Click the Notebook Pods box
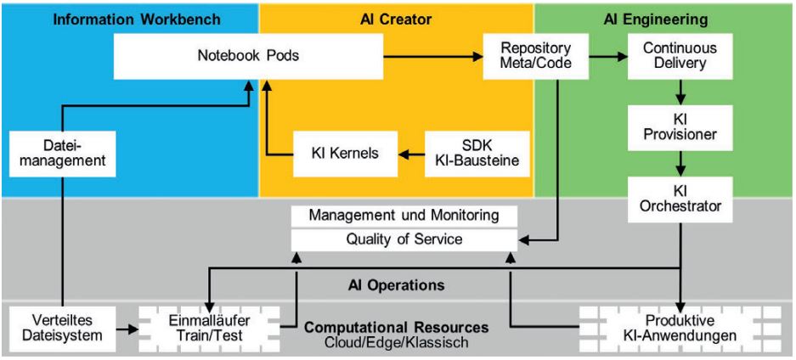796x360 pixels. [x=248, y=56]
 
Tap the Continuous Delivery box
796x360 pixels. [x=679, y=56]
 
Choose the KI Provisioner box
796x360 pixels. [x=679, y=127]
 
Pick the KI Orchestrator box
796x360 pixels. [x=679, y=197]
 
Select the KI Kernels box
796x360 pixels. [x=347, y=154]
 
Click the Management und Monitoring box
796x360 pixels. [x=404, y=216]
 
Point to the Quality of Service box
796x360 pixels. [x=404, y=239]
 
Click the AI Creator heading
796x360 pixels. [x=395, y=17]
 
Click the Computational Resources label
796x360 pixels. [x=396, y=327]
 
